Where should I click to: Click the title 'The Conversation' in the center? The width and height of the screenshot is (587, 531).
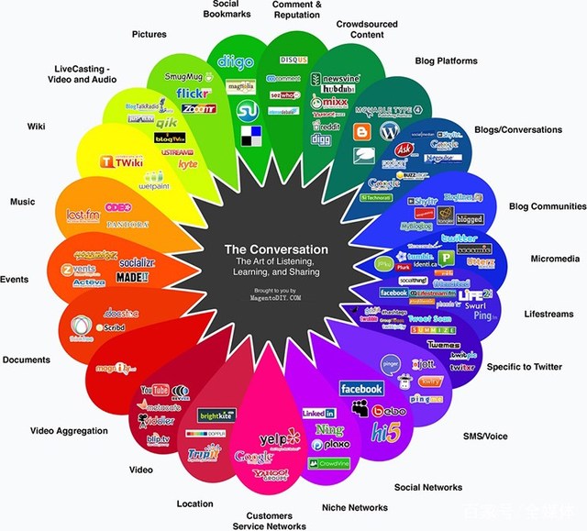point(276,249)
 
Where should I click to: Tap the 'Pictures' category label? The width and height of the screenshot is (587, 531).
point(149,35)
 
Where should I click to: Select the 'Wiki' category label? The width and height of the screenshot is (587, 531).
point(36,127)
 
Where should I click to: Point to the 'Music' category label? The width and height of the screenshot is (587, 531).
point(22,202)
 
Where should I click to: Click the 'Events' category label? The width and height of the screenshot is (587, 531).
point(15,280)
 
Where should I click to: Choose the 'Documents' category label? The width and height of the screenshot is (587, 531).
point(27,360)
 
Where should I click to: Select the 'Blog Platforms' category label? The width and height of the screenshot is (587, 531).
point(446,61)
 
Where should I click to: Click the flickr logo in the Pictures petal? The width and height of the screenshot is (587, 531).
point(194,93)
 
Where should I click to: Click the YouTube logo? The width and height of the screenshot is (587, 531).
point(155,391)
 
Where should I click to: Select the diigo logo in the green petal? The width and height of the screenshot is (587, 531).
point(230,61)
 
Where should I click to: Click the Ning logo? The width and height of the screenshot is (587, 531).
point(328,429)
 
